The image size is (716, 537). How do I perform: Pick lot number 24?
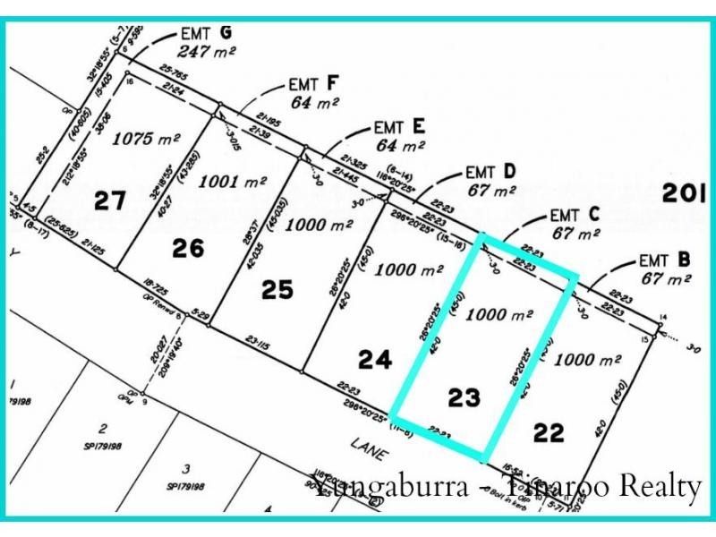click(375, 359)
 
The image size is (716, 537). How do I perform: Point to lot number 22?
click(549, 433)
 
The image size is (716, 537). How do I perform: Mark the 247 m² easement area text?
click(206, 52)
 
